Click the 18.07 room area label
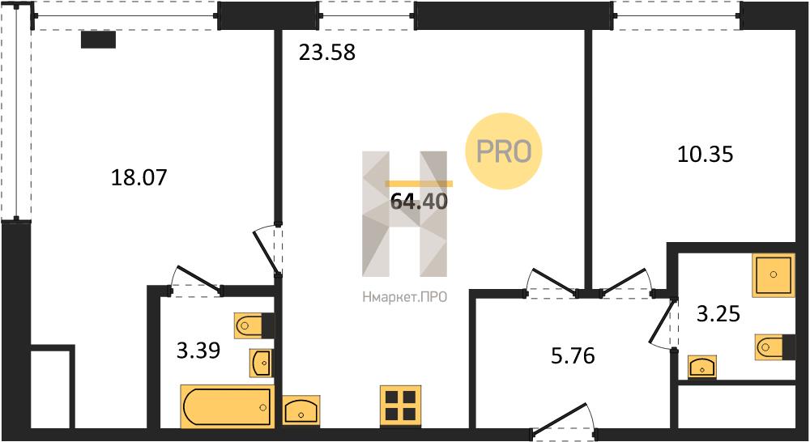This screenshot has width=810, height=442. point(139,177)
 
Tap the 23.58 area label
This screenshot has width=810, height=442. point(327,53)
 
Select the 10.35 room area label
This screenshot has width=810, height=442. point(706,155)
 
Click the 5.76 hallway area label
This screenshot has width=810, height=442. point(573,355)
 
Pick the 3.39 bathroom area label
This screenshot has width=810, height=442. point(198,351)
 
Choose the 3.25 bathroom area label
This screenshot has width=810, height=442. point(718,313)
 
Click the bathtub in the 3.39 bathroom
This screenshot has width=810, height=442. point(228,406)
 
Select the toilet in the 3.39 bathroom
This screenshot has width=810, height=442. point(254,325)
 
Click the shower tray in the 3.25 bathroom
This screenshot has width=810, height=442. point(774,274)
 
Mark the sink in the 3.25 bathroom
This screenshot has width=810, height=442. point(702,367)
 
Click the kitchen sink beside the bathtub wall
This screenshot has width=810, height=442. point(301,410)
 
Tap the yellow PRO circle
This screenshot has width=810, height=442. point(504,151)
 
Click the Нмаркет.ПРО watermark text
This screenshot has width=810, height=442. point(404,297)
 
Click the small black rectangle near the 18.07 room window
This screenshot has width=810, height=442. point(98,40)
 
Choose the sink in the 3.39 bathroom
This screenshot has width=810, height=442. point(261,363)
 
